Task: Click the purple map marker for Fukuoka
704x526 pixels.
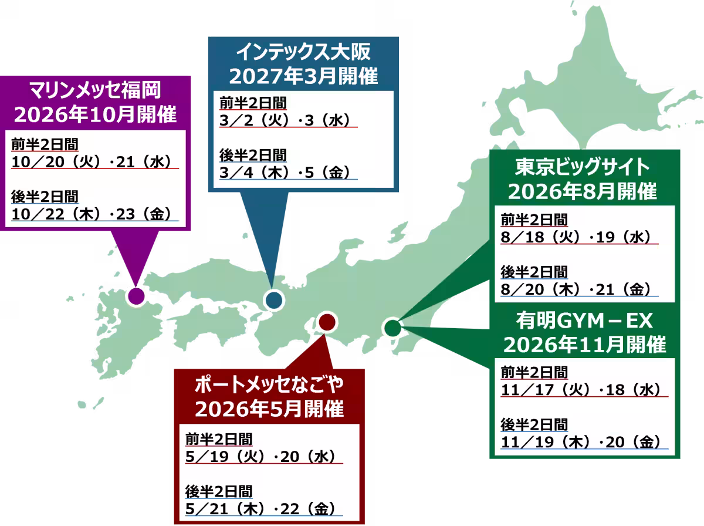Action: pyautogui.click(x=136, y=296)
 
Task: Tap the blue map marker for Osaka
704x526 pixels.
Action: pyautogui.click(x=273, y=300)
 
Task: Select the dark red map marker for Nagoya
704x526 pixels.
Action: pyautogui.click(x=326, y=321)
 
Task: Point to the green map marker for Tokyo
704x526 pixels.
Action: pyautogui.click(x=392, y=327)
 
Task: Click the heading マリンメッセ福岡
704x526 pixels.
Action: pyautogui.click(x=95, y=91)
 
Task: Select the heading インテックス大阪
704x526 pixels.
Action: pyautogui.click(x=303, y=53)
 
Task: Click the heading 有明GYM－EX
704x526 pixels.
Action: pyautogui.click(x=584, y=321)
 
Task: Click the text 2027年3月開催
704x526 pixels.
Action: pyautogui.click(x=303, y=76)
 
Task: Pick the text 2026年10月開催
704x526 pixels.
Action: pyautogui.click(x=95, y=114)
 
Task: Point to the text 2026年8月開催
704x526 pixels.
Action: pyautogui.click(x=583, y=191)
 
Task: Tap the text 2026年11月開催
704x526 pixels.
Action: pyautogui.click(x=584, y=345)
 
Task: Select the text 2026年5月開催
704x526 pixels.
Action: pyautogui.click(x=269, y=409)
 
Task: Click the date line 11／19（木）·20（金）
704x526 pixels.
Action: pyautogui.click(x=581, y=441)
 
